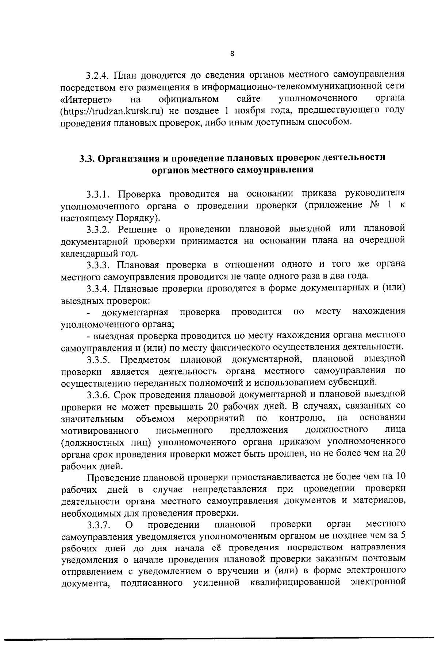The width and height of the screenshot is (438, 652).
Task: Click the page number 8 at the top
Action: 232,54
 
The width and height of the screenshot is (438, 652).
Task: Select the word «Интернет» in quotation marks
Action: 86,99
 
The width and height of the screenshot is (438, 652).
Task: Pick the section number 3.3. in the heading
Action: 87,158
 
